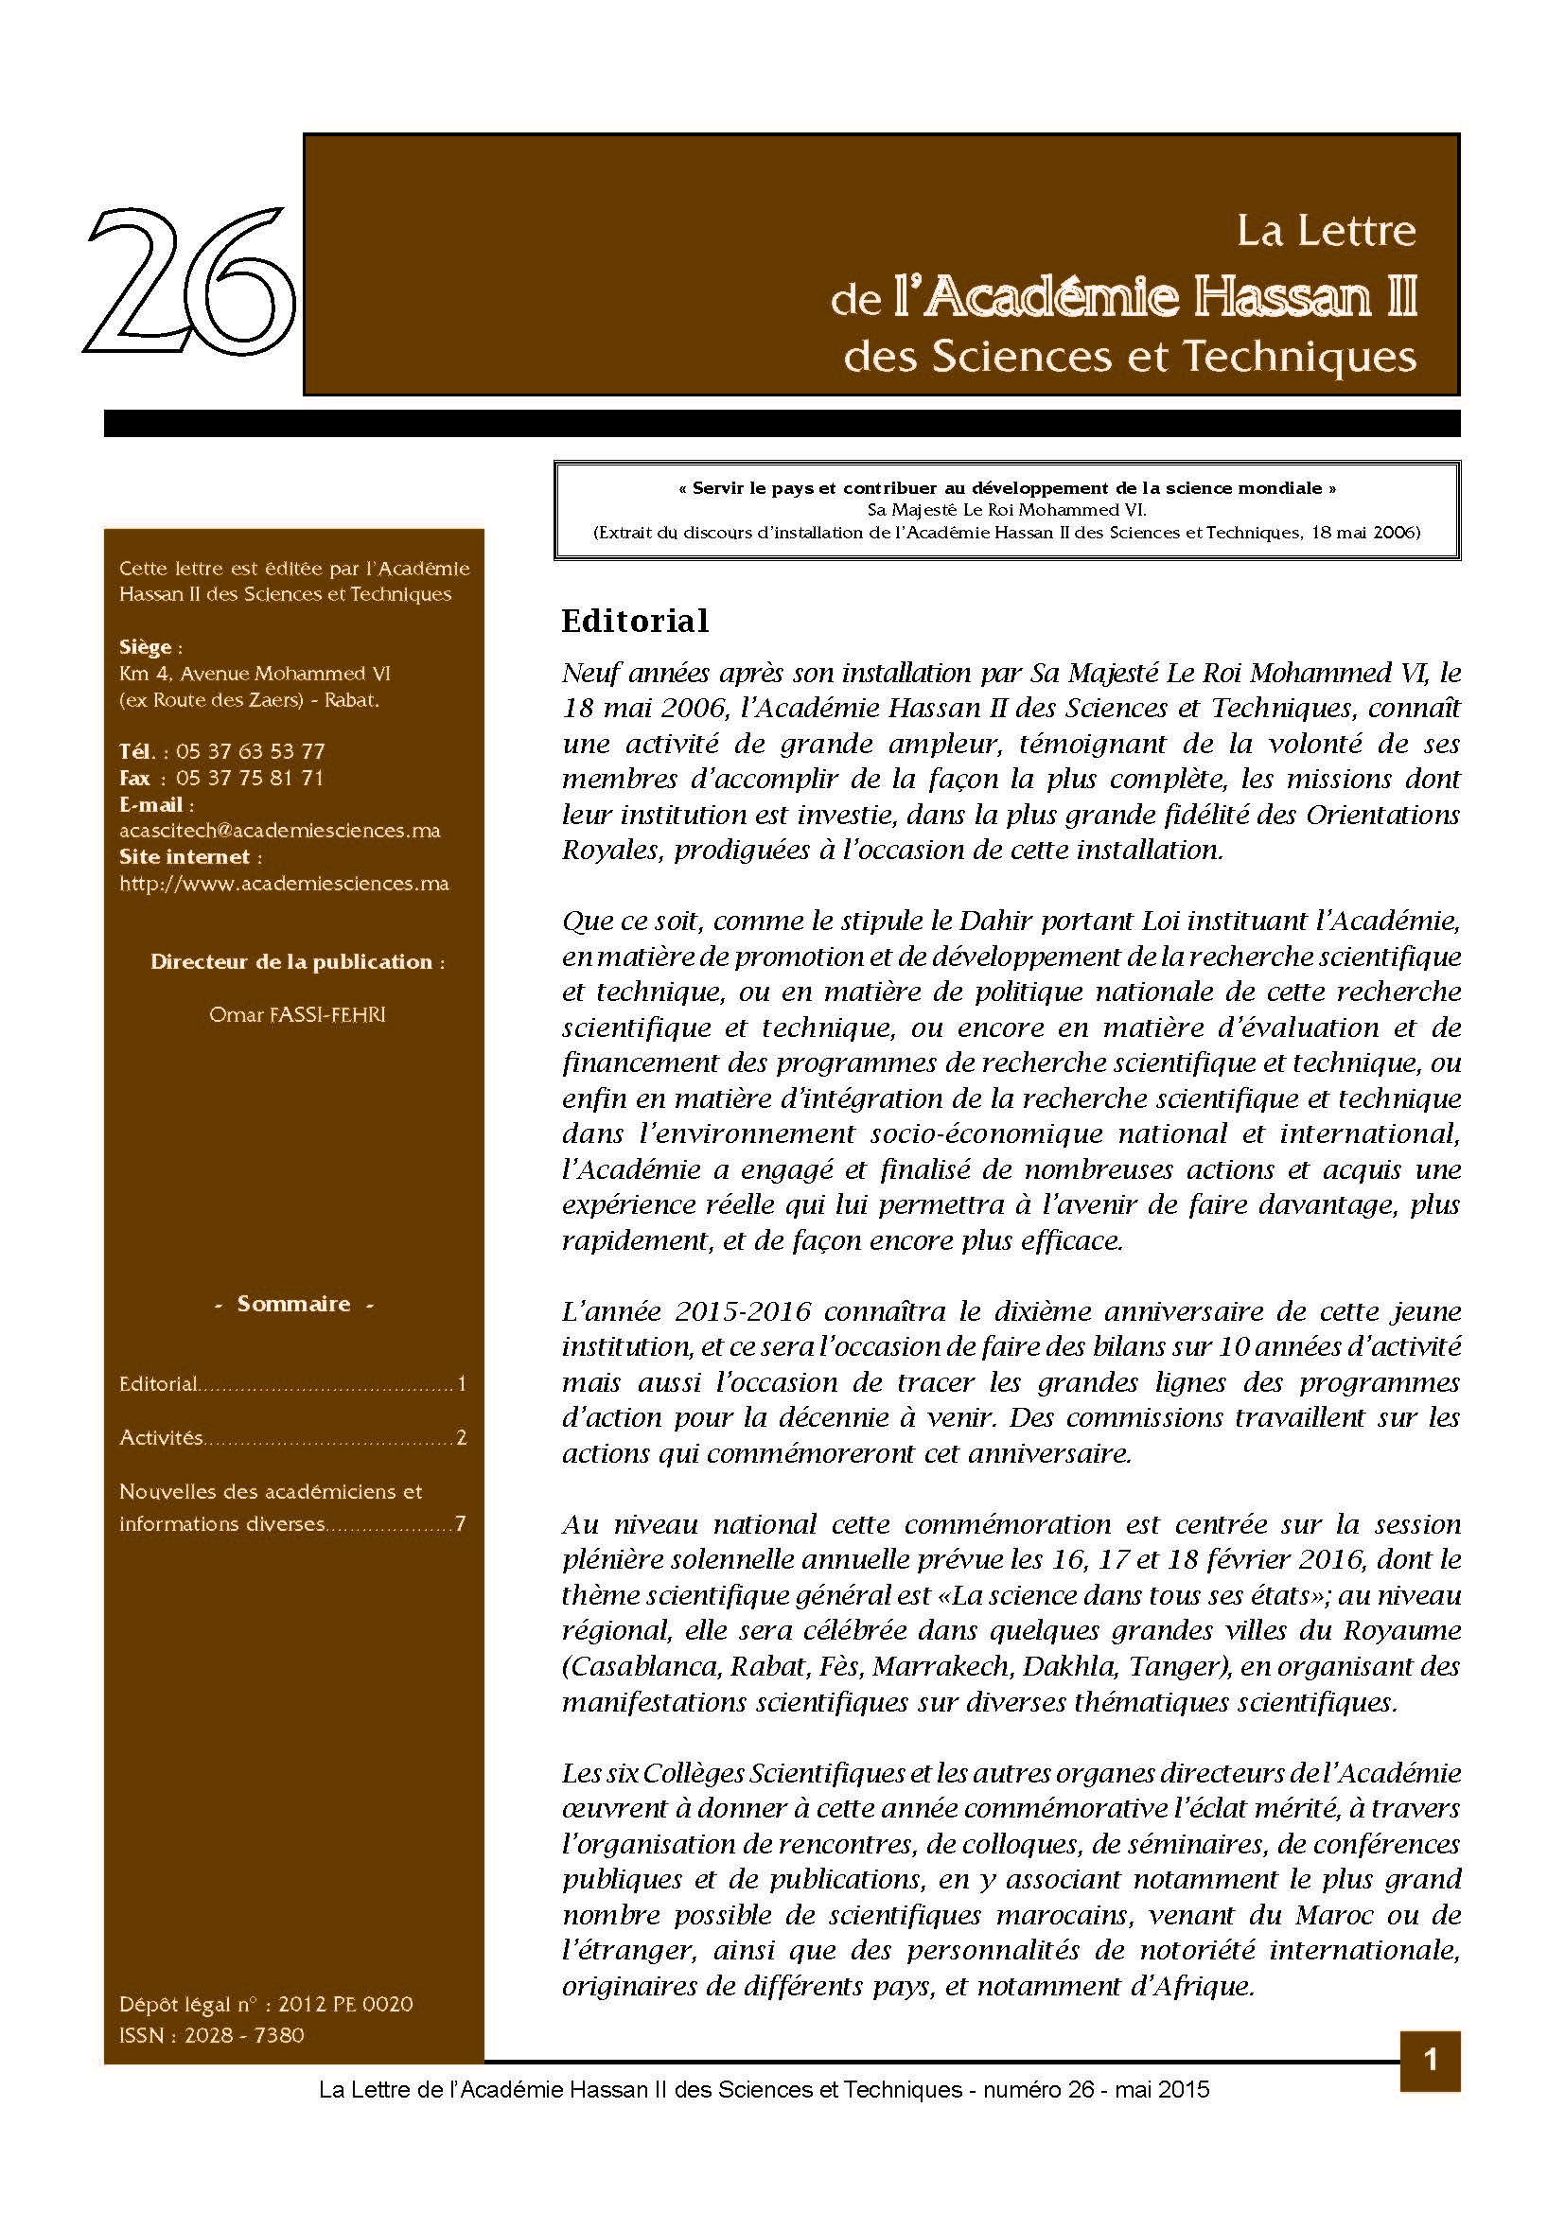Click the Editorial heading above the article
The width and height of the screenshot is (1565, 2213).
(x=635, y=621)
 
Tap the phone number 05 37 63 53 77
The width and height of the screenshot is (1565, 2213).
(x=251, y=751)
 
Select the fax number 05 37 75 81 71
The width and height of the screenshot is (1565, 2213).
(x=250, y=778)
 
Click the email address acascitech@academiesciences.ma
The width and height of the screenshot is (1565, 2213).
(x=279, y=830)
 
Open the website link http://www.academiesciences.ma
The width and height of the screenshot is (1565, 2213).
(x=284, y=883)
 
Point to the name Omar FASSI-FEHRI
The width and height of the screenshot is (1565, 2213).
(x=297, y=1015)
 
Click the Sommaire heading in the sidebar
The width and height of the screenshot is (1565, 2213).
(x=294, y=1304)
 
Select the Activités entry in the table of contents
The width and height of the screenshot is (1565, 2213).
(x=161, y=1438)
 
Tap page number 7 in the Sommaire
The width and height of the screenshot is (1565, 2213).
(x=461, y=1524)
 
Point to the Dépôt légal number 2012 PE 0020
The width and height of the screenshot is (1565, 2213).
(x=345, y=2005)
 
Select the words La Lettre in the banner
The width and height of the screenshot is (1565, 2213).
(x=1326, y=231)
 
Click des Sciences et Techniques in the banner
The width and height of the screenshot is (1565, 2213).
(x=1130, y=357)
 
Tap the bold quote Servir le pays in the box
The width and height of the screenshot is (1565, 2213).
(x=1007, y=488)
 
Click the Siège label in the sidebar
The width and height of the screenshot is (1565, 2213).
(x=146, y=647)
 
